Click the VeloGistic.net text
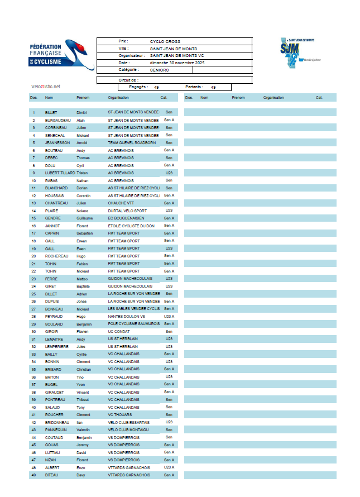[x=46, y=87]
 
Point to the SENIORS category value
[x=159, y=70]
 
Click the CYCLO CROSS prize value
[x=165, y=41]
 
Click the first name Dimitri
[x=83, y=112]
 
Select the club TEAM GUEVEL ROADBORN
[x=132, y=143]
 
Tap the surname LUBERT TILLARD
[x=60, y=173]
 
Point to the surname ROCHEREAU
[x=57, y=256]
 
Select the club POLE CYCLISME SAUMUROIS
[x=134, y=324]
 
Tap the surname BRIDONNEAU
[x=57, y=422]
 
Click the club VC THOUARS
[x=120, y=415]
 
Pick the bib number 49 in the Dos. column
[x=33, y=475]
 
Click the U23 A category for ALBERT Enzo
[x=169, y=467]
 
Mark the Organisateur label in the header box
[x=132, y=56]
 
